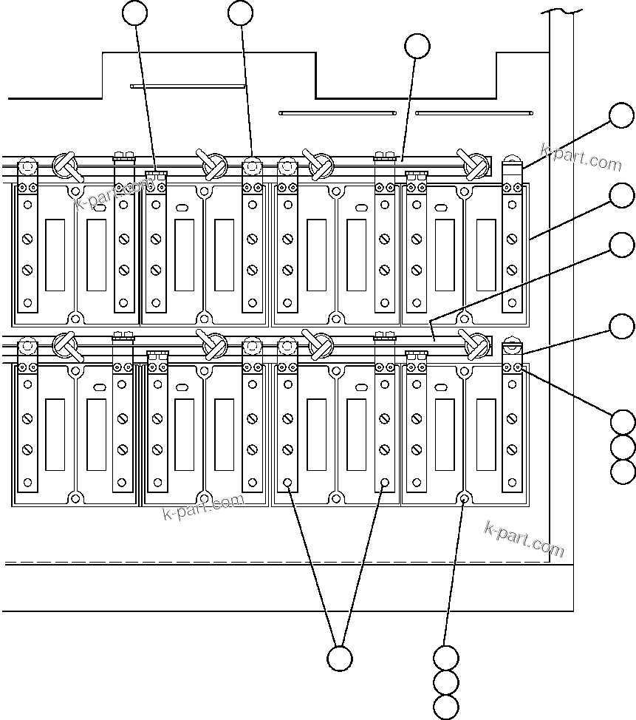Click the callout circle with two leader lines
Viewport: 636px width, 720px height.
pyautogui.click(x=339, y=658)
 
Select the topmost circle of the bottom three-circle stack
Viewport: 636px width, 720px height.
pyautogui.click(x=446, y=658)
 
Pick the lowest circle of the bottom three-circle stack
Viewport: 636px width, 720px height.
pyautogui.click(x=446, y=707)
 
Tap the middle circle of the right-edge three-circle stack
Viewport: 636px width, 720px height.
pyautogui.click(x=623, y=446)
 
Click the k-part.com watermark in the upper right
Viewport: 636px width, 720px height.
pyautogui.click(x=581, y=156)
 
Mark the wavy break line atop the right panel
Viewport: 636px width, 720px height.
pyautogui.click(x=561, y=10)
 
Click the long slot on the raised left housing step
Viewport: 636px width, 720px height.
pyautogui.click(x=188, y=86)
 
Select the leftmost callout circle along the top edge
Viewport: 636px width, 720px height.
pyautogui.click(x=135, y=13)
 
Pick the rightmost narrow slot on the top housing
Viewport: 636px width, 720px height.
pyautogui.click(x=473, y=113)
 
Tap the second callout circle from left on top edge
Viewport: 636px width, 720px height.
pyautogui.click(x=241, y=13)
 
